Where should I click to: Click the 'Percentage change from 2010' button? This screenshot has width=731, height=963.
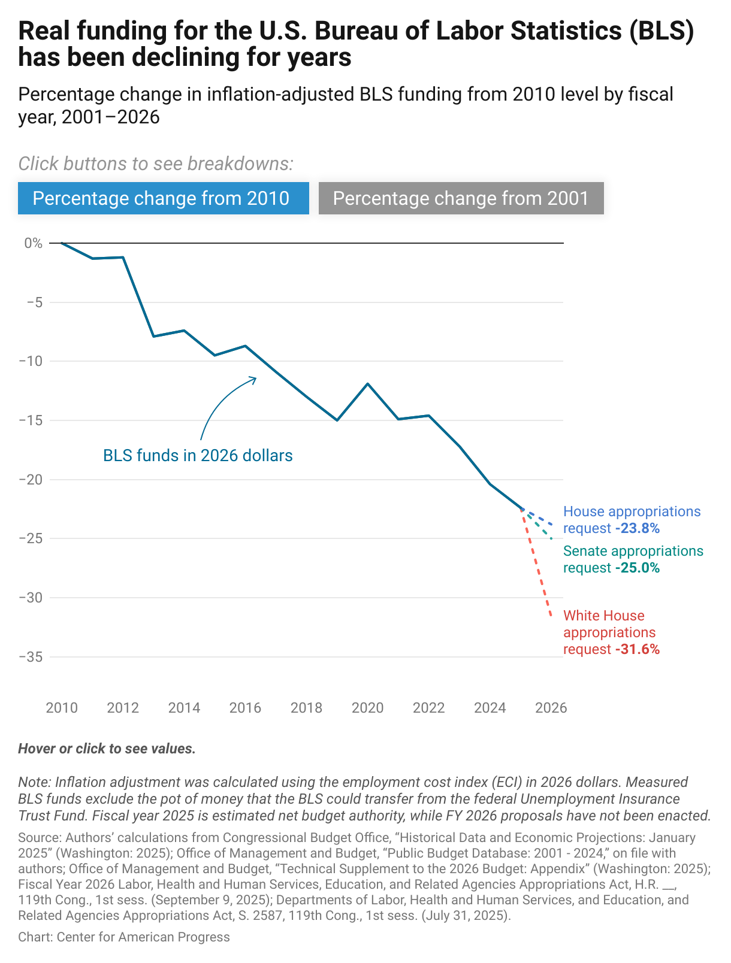(163, 198)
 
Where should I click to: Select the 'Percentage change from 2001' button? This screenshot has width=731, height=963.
(461, 198)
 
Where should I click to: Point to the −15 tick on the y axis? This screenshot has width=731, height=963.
(31, 420)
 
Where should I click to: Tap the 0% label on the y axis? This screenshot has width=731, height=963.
(34, 243)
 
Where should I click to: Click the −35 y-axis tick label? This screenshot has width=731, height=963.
(31, 657)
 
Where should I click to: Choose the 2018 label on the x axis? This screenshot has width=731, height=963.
(306, 708)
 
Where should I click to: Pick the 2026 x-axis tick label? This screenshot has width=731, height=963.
(551, 708)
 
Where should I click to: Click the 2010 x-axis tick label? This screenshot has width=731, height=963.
(62, 708)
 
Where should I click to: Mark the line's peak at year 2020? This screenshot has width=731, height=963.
(367, 383)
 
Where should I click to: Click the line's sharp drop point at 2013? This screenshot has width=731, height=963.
(153, 337)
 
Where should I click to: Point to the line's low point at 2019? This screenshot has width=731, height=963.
(337, 420)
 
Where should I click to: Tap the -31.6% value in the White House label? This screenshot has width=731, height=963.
(637, 649)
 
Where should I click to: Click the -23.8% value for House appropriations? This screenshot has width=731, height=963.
(637, 528)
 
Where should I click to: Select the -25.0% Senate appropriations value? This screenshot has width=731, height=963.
(637, 568)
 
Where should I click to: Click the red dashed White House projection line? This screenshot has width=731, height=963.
(537, 563)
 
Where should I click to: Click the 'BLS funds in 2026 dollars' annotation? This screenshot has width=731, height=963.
(198, 456)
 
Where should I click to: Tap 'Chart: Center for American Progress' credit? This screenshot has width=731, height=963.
(124, 937)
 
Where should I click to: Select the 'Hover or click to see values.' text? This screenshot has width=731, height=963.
(107, 749)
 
